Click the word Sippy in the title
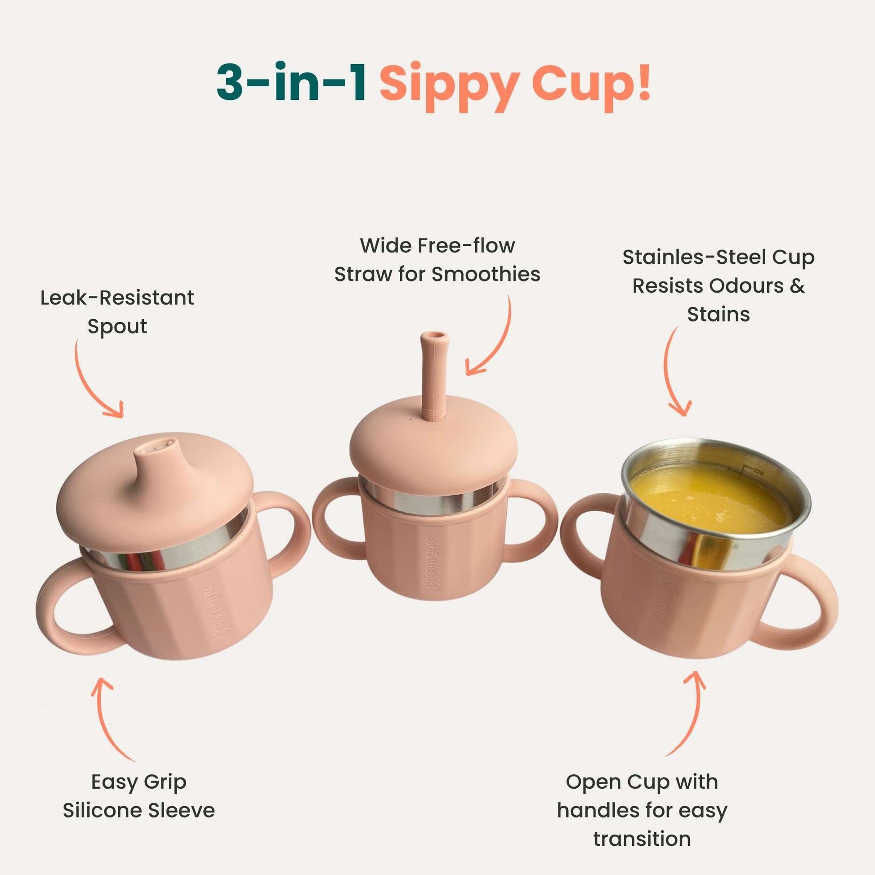449,85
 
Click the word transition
642,839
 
